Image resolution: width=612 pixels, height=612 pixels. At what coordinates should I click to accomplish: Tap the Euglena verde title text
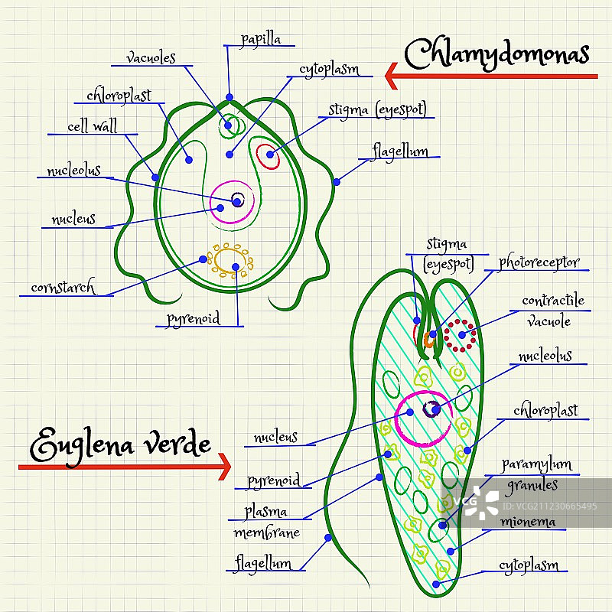pyautogui.click(x=120, y=444)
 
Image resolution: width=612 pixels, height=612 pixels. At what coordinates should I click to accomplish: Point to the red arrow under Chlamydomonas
pyautogui.click(x=490, y=76)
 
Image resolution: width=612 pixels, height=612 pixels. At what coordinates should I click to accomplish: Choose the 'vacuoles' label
pyautogui.click(x=151, y=57)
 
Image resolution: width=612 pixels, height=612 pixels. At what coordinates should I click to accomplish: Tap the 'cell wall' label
pyautogui.click(x=92, y=126)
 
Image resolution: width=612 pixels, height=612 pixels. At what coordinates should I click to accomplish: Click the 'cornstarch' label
pyautogui.click(x=63, y=288)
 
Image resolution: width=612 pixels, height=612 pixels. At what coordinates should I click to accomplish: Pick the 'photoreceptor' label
pyautogui.click(x=539, y=262)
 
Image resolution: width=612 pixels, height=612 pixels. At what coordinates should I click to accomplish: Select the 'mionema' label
pyautogui.click(x=528, y=522)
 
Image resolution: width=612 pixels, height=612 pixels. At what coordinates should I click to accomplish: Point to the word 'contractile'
pyautogui.click(x=552, y=301)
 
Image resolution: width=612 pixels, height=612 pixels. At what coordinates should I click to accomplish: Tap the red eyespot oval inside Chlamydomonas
pyautogui.click(x=268, y=155)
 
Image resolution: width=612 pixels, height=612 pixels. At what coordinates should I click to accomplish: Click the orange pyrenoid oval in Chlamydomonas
pyautogui.click(x=229, y=261)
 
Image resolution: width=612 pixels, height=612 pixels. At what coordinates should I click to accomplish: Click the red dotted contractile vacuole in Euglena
pyautogui.click(x=461, y=335)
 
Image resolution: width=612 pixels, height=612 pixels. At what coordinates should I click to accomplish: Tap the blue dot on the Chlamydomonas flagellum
pyautogui.click(x=337, y=181)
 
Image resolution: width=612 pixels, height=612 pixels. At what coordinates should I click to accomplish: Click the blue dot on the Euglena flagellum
pyautogui.click(x=328, y=538)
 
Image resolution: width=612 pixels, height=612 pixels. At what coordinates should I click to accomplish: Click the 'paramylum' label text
pyautogui.click(x=536, y=464)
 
